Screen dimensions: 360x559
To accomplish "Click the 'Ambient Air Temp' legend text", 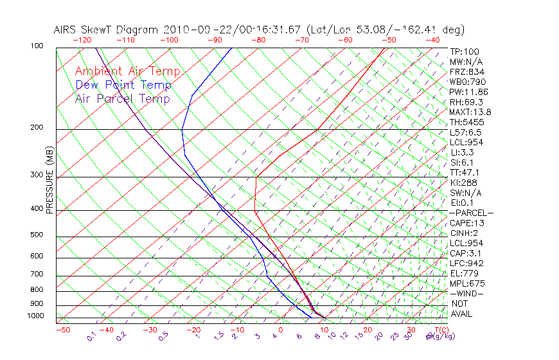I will (128, 71).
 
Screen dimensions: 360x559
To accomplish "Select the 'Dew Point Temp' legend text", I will (123, 85).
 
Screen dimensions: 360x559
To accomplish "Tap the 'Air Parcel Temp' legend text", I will (123, 98).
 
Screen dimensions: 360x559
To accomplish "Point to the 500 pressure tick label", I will (36, 235).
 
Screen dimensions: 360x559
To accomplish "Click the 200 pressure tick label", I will (36, 128).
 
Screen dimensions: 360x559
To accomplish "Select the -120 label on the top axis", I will (82, 40).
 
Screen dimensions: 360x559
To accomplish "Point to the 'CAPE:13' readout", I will (467, 223).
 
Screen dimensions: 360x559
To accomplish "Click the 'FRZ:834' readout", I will (467, 72).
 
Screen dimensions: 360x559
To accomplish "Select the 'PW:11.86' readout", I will (469, 92).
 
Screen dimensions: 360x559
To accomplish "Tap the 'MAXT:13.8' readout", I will (472, 113).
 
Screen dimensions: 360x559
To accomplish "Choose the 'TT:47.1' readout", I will (465, 172).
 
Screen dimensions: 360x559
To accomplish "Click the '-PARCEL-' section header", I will (471, 213).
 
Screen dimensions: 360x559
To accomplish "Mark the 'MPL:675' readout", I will (467, 283).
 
